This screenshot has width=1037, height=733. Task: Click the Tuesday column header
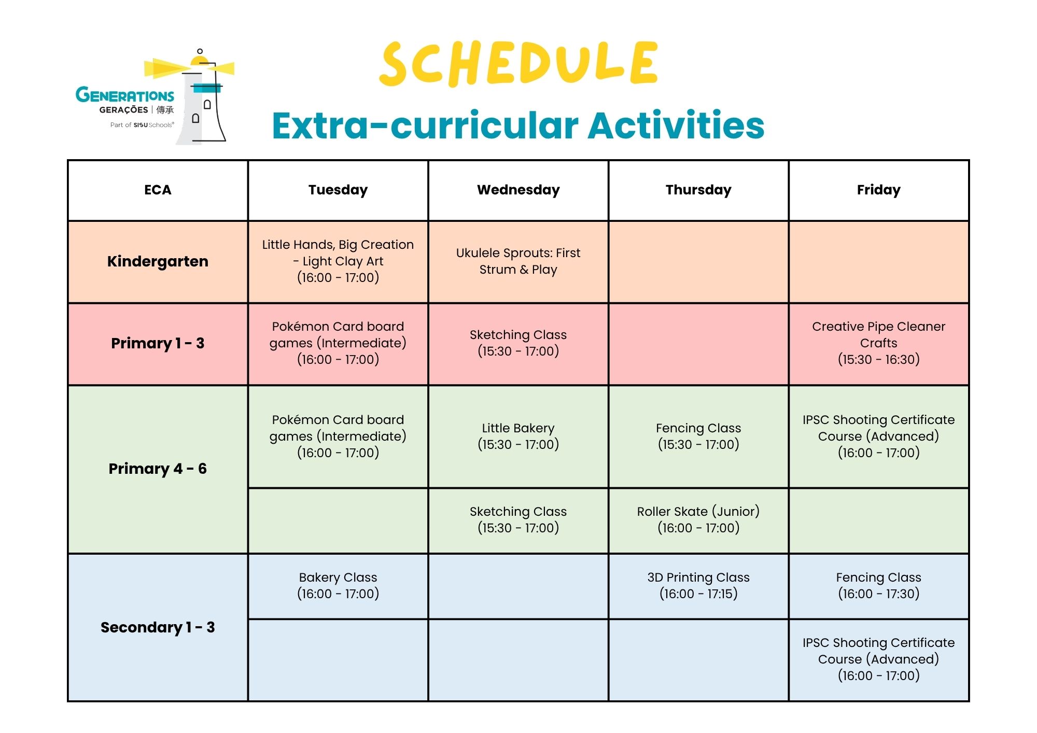pos(338,190)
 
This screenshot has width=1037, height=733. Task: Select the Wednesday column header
pos(518,190)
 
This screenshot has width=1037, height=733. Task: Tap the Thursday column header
pos(698,190)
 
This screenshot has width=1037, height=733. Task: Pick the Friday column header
pos(879,190)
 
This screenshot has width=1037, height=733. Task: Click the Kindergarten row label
pos(158,262)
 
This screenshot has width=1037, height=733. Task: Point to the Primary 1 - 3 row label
pos(158,344)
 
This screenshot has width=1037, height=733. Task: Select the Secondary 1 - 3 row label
pos(158,627)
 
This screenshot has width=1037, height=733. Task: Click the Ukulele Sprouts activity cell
pos(518,262)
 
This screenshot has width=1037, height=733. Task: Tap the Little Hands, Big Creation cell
pos(338,262)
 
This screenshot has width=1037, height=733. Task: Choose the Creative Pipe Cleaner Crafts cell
pos(879,344)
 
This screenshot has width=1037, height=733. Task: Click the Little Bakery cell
pos(518,436)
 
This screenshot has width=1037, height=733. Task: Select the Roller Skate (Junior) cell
pos(698,520)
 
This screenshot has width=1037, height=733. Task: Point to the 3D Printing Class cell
pos(698,586)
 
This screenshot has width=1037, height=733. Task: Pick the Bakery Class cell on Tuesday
pos(338,586)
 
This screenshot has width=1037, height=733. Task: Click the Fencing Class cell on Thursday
pos(698,436)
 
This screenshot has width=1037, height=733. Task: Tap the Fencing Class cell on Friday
pos(879,586)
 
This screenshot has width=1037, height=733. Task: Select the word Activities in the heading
pos(676,125)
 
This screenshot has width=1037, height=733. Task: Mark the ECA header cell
pos(158,190)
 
